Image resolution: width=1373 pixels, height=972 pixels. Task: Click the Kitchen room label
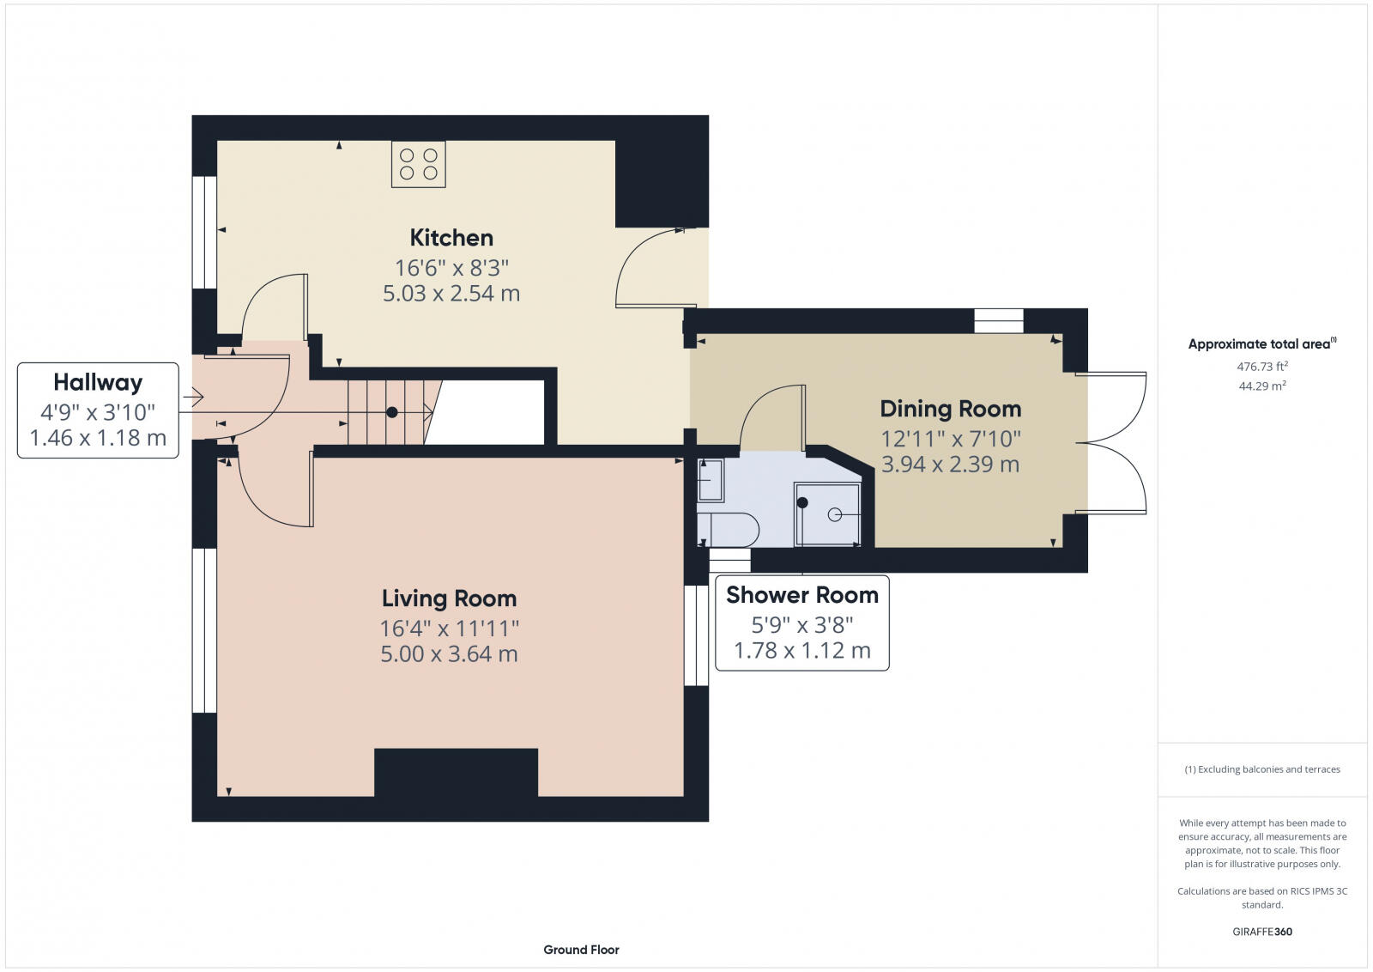[451, 238]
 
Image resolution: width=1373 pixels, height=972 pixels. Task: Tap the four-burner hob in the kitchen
[419, 164]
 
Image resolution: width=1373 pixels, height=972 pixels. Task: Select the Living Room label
[450, 598]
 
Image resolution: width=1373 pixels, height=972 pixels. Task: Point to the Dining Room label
[951, 409]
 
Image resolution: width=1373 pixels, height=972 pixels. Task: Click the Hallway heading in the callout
[98, 383]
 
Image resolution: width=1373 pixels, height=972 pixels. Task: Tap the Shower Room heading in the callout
[802, 595]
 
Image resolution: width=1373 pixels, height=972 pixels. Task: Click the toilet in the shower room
[729, 529]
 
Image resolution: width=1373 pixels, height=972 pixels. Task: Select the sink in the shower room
[711, 480]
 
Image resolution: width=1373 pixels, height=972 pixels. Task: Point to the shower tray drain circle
[835, 514]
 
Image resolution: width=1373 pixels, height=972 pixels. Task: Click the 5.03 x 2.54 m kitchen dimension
[451, 294]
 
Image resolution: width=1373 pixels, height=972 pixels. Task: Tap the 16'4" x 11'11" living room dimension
[450, 629]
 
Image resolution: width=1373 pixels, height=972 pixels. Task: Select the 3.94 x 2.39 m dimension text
[951, 465]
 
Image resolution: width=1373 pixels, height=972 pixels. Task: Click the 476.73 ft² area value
[1262, 367]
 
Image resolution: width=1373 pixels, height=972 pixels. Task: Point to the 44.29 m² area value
[1262, 386]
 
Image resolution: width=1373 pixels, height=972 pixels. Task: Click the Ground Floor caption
[581, 950]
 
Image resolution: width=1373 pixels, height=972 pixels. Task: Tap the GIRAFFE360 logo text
[1262, 932]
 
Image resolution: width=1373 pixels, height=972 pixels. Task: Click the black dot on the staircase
[392, 412]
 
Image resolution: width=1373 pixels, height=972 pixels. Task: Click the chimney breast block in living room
[456, 773]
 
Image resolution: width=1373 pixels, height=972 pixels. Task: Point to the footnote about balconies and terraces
[1262, 769]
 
